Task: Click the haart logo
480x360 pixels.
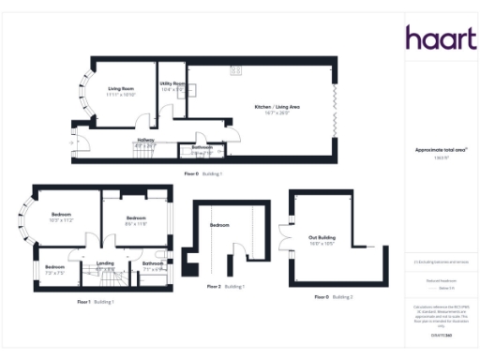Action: tap(441, 38)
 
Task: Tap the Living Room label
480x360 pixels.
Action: tap(121, 90)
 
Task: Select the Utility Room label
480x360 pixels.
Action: tap(172, 84)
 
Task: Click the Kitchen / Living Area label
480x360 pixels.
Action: tap(278, 108)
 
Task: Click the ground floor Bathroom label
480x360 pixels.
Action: tap(202, 148)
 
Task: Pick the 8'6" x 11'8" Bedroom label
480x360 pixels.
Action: tap(137, 219)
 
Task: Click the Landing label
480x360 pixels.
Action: tap(106, 265)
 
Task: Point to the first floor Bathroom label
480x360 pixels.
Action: tap(153, 265)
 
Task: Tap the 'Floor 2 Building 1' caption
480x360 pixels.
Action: tap(224, 286)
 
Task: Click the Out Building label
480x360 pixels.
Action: tap(322, 239)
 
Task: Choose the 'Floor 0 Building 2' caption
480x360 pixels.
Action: tap(333, 296)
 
